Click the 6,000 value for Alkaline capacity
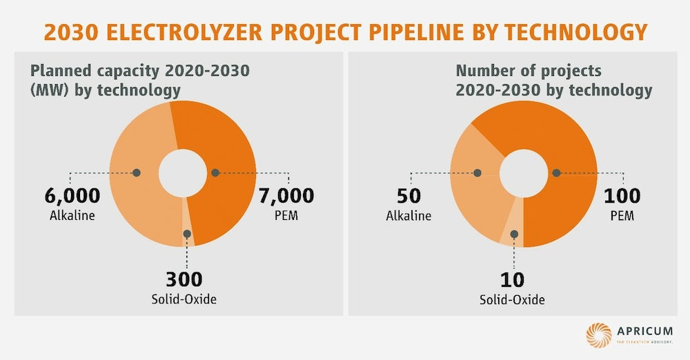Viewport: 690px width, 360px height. tap(74, 195)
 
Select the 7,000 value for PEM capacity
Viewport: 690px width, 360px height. tap(286, 195)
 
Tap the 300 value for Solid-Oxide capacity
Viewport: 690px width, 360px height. tap(184, 279)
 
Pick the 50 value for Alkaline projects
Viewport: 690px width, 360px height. tap(408, 195)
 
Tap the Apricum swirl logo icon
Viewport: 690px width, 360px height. tap(599, 334)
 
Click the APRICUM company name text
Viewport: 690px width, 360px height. tap(646, 330)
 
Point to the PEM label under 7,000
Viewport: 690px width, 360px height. tap(286, 216)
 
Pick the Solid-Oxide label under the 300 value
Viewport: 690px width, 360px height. tap(184, 299)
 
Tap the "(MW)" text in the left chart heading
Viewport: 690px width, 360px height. tap(46, 90)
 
